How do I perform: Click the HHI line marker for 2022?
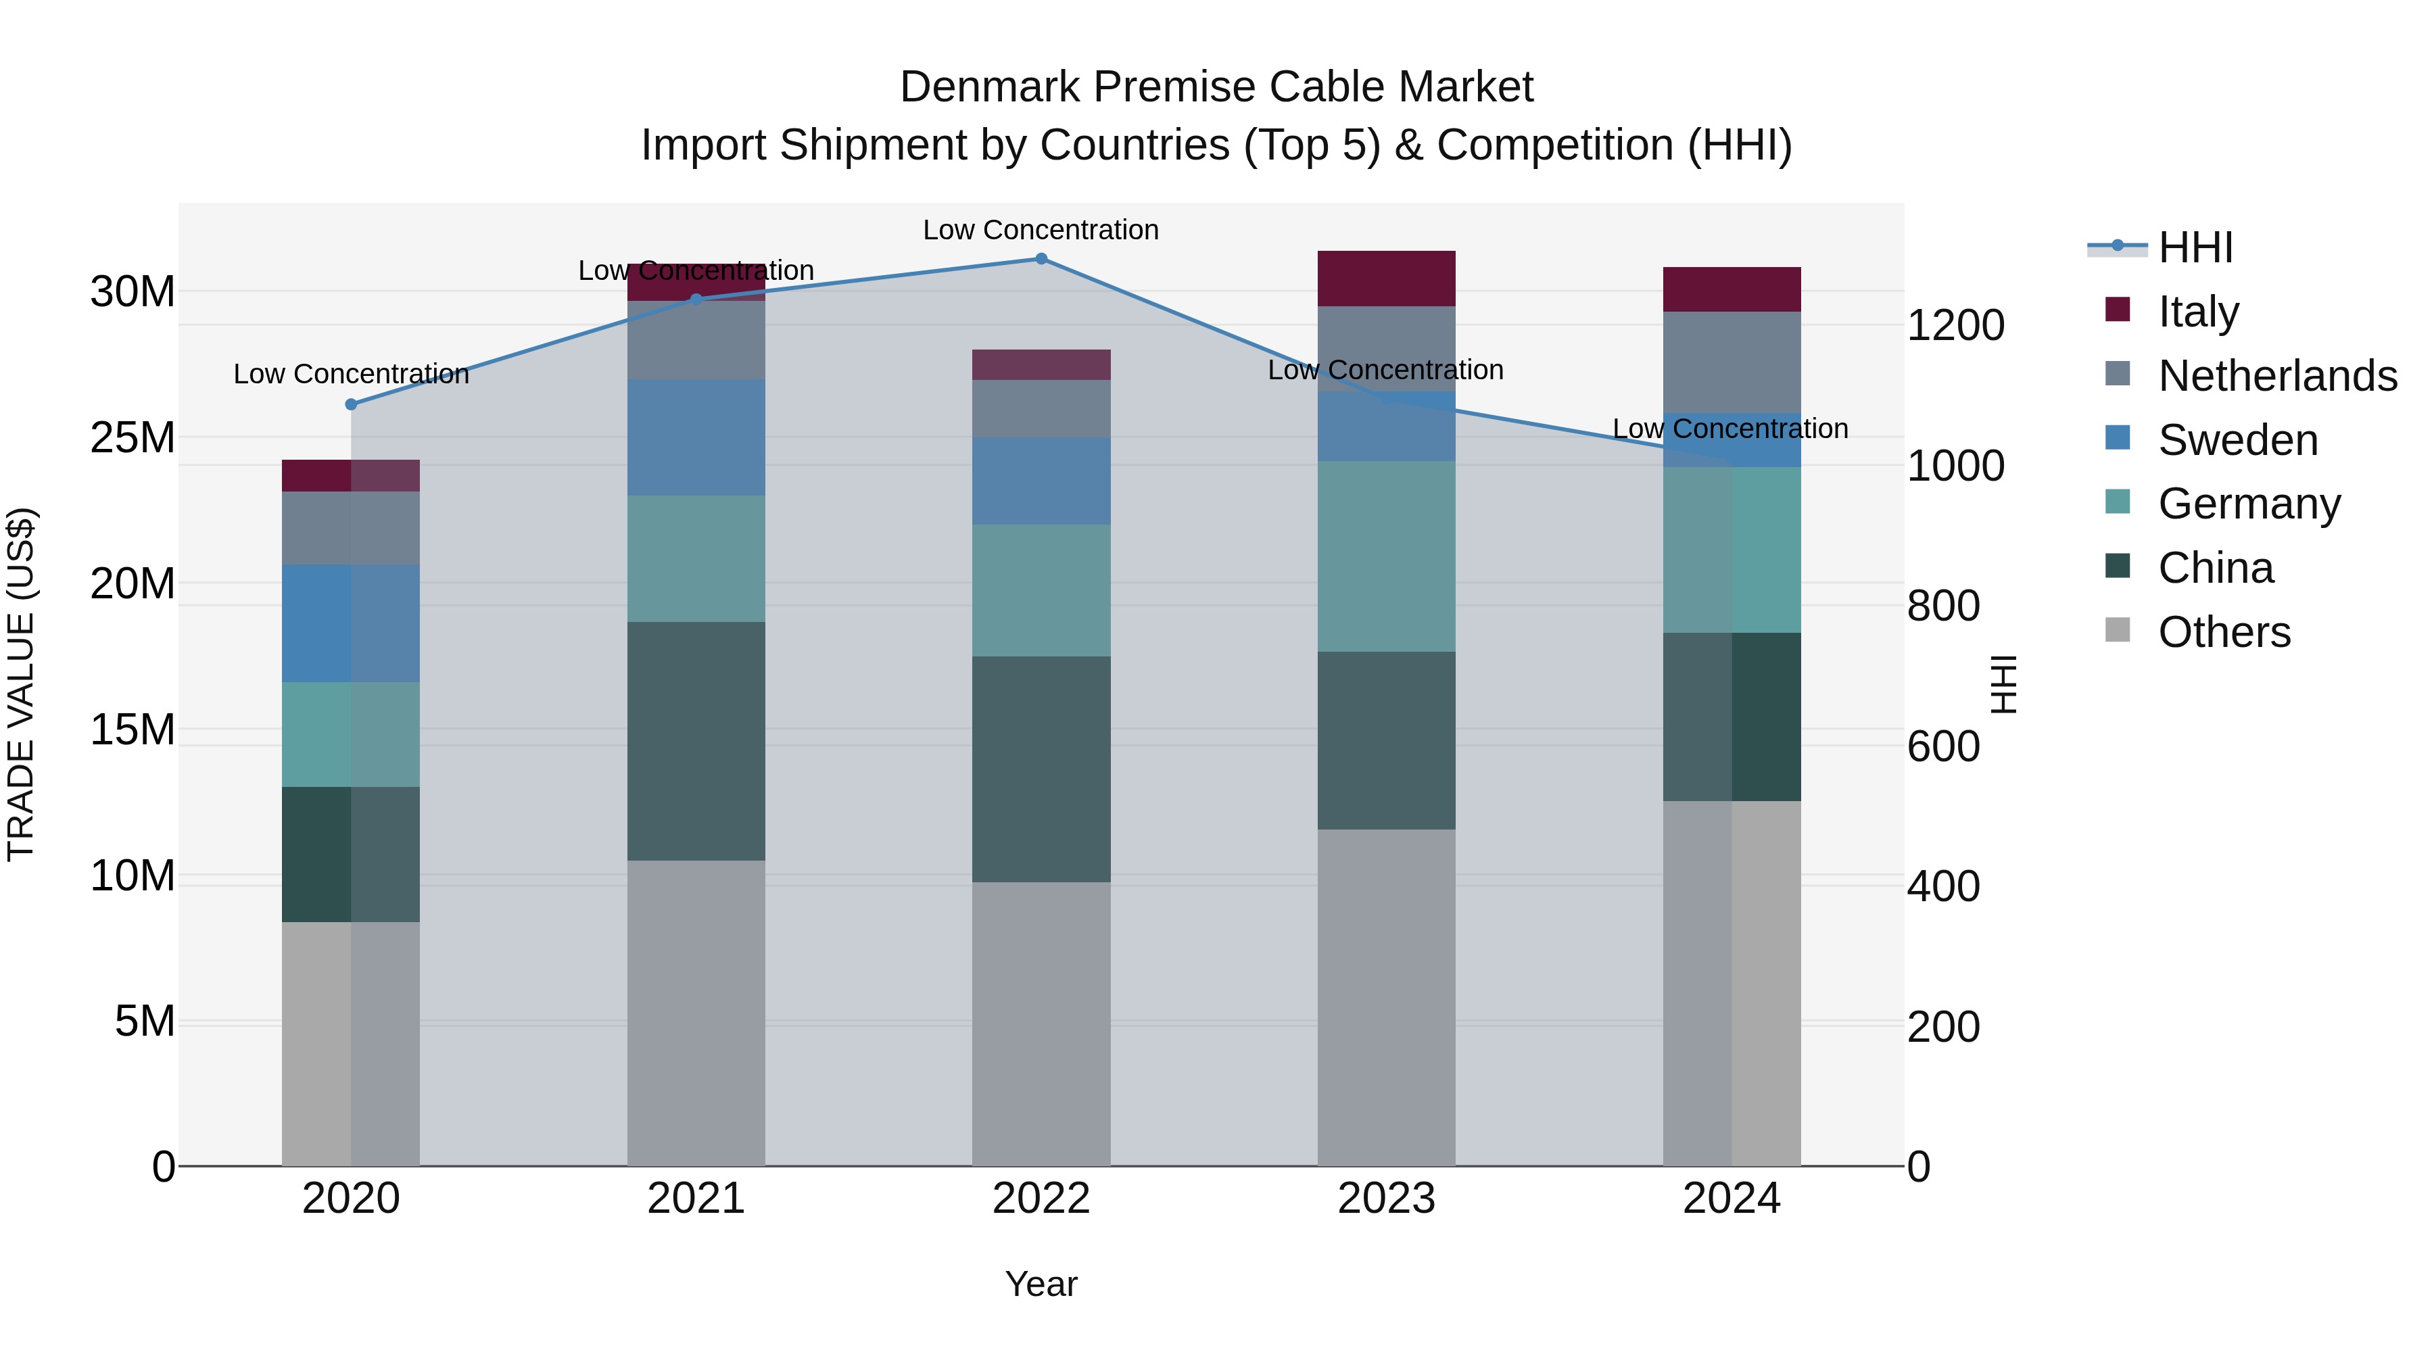pos(1041,259)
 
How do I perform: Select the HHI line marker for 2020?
pos(352,404)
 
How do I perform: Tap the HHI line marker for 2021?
pos(696,299)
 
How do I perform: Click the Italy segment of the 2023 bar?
pos(1386,279)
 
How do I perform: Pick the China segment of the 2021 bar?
pos(696,741)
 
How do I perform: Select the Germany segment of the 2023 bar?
pos(1386,556)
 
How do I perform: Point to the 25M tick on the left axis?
pos(133,437)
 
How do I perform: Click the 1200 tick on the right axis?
pos(1955,325)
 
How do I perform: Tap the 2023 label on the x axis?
pos(1386,1199)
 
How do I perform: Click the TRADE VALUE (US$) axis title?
pos(21,684)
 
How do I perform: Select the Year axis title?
pos(1041,1284)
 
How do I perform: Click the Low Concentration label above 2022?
pos(1041,230)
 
